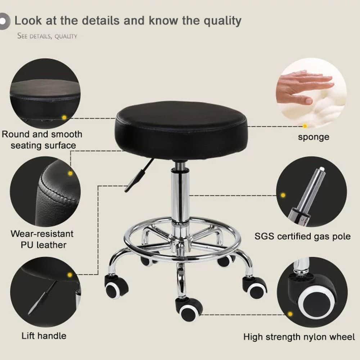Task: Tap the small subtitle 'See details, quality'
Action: pos(47,36)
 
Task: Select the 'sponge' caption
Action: pos(313,137)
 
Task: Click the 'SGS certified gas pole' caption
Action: pos(302,237)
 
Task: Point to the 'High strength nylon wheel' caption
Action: pos(299,337)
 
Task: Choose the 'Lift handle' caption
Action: pos(44,336)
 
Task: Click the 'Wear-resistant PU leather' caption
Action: pos(42,239)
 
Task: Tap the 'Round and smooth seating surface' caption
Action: pos(42,140)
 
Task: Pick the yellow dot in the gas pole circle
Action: pos(283,195)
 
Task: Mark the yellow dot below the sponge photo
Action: pos(305,126)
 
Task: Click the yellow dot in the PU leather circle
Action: pos(70,173)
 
